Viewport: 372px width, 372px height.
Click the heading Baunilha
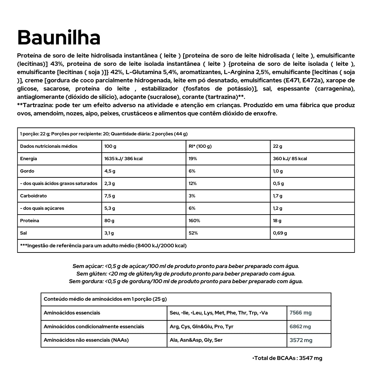59,38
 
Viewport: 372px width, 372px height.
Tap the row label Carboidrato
33,196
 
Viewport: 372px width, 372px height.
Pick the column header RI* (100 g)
200,146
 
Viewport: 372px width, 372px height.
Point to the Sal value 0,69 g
280,233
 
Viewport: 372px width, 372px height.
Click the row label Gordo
27,171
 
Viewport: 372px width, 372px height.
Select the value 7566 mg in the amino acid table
300,313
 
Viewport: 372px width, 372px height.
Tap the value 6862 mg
300,327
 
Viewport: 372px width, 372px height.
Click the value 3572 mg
301,340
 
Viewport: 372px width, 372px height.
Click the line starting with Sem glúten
186,274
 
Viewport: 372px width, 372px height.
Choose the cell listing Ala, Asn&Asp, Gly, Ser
196,340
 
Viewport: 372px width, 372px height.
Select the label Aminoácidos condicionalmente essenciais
94,327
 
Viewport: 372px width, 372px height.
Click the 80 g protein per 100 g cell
109,221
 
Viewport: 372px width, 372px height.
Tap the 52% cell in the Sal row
193,233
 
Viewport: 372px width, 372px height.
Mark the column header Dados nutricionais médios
49,146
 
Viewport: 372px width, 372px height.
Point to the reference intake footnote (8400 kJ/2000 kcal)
103,246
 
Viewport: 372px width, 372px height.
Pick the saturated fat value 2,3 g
110,184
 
